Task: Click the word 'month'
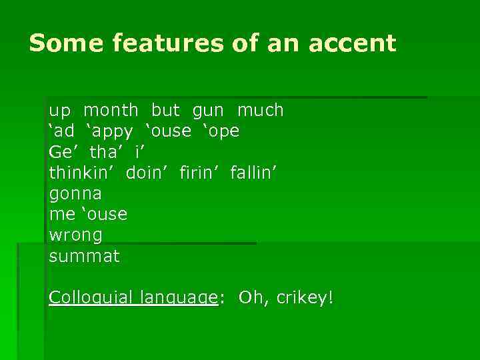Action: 111,110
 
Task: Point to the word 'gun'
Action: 208,110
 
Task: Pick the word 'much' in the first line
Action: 260,110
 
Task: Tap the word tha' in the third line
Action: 103,152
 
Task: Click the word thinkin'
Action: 78,173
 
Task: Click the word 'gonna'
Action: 75,194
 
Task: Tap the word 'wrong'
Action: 75,235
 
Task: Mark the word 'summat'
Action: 84,256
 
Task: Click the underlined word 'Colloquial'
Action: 89,297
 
